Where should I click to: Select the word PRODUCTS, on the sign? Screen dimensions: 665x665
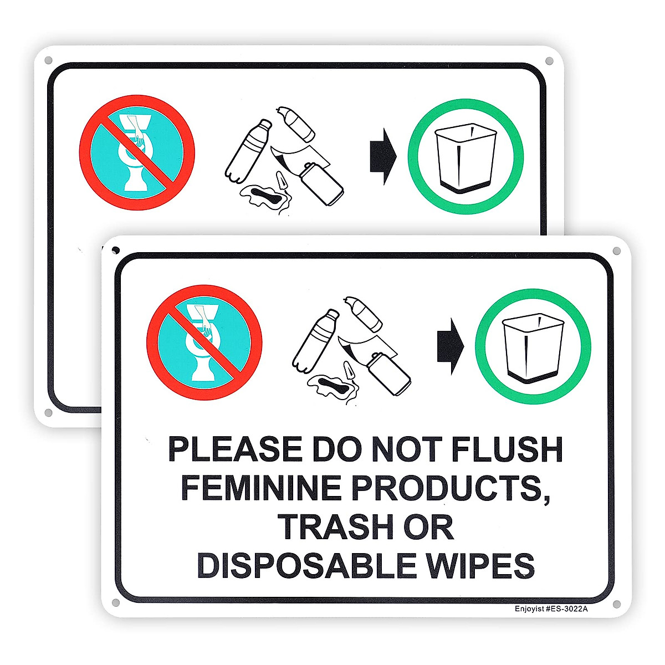tap(452, 488)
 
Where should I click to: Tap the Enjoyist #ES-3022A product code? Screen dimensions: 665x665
tap(551, 608)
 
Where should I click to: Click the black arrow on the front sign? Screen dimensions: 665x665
tap(450, 346)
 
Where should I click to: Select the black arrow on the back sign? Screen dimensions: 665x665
tap(383, 157)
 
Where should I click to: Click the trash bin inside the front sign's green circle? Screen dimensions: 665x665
tap(533, 348)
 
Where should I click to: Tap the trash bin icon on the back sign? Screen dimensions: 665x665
tap(465, 158)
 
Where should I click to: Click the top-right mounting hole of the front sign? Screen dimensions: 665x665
tap(616, 252)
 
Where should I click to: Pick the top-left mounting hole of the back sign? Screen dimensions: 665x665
tap(48, 60)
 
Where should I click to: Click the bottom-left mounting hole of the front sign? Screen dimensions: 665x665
tap(115, 602)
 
